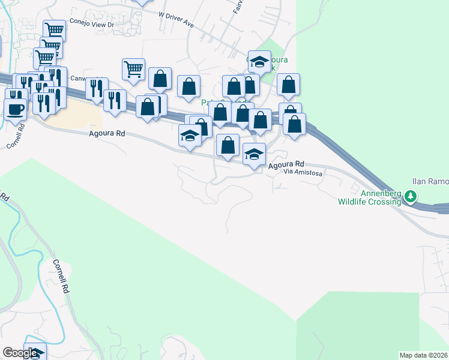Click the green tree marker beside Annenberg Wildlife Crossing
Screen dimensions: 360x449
pyautogui.click(x=411, y=196)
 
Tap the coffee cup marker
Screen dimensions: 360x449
pyautogui.click(x=15, y=109)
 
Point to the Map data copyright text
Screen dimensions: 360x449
pyautogui.click(x=424, y=355)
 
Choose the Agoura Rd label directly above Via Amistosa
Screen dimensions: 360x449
pyautogui.click(x=286, y=163)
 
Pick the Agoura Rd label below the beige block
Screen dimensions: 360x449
pyautogui.click(x=106, y=135)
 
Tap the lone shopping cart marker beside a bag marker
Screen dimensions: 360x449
pyautogui.click(x=133, y=68)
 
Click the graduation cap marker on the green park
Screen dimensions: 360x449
pyautogui.click(x=259, y=61)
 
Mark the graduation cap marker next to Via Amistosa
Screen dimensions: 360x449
pyautogui.click(x=254, y=154)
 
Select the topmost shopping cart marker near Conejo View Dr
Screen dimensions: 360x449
pyautogui.click(x=55, y=29)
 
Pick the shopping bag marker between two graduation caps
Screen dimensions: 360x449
pyautogui.click(x=227, y=145)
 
